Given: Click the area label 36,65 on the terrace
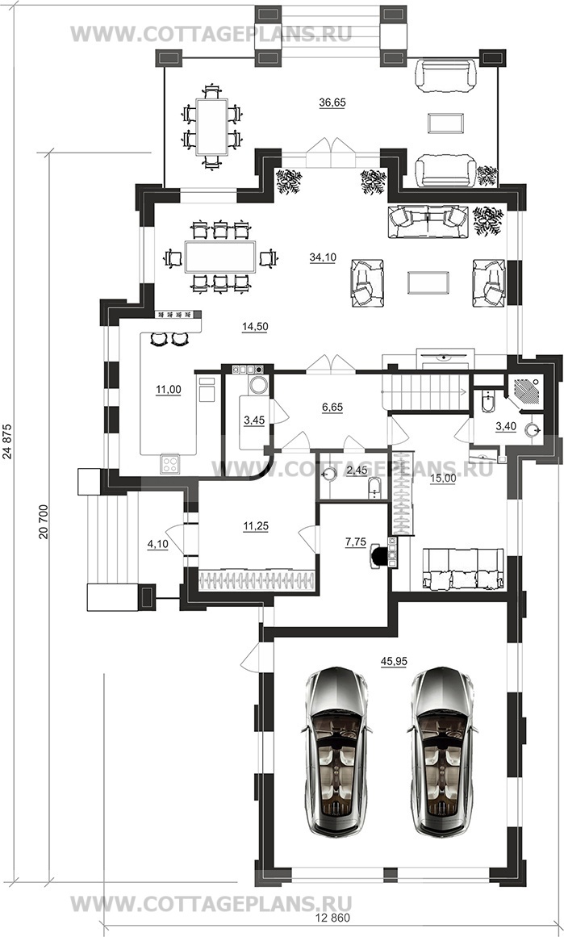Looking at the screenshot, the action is point(332,102).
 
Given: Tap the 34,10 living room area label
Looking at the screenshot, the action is point(323,257).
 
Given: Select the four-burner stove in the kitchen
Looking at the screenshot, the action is point(169,464).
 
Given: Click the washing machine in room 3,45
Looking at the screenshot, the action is point(258,384).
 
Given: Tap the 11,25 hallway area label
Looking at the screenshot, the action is point(255,526).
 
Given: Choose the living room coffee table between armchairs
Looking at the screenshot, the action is point(428,282).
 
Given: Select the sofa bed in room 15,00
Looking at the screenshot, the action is point(462,569).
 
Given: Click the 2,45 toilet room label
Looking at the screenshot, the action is point(357,471).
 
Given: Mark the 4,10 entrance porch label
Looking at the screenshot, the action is point(157,545).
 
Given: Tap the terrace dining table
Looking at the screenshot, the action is point(211,127).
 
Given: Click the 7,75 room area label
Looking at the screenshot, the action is point(356,542).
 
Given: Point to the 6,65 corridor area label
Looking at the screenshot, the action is point(332,407).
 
